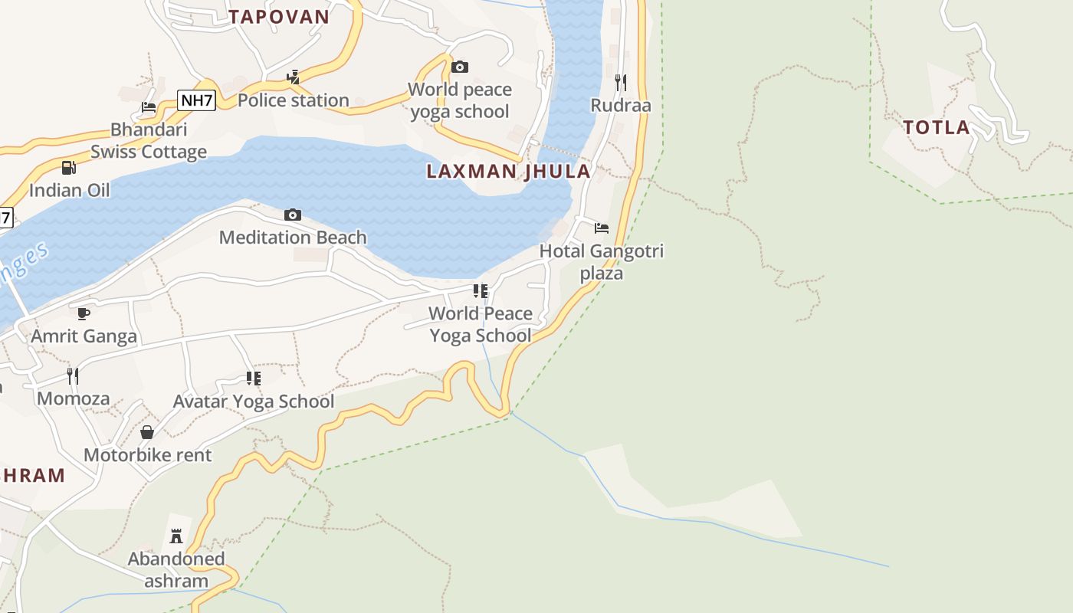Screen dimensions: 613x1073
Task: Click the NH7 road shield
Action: tap(196, 100)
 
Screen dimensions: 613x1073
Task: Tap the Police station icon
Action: tap(293, 77)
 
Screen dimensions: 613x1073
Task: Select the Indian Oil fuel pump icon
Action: tap(69, 167)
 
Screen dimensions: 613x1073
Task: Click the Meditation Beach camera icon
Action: tap(293, 215)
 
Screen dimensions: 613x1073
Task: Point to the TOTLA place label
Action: tap(937, 128)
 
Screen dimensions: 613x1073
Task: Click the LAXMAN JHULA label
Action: tap(508, 171)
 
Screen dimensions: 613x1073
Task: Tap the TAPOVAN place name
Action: tap(279, 17)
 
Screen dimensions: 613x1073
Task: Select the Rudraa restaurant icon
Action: tap(621, 81)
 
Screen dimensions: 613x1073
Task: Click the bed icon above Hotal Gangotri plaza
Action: tap(602, 228)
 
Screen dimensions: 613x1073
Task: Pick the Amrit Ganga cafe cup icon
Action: tap(84, 313)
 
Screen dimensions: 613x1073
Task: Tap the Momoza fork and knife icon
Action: tap(73, 375)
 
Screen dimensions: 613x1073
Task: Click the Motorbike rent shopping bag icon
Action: tap(147, 432)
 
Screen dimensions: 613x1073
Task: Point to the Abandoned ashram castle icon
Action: tap(176, 535)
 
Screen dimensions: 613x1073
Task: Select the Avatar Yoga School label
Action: tap(254, 402)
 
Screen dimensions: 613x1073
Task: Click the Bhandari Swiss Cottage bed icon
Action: tap(149, 107)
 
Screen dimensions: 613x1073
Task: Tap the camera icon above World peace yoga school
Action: tap(460, 67)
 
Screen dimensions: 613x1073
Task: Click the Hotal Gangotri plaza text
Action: tap(602, 262)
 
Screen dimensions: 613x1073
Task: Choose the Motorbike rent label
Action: tap(147, 455)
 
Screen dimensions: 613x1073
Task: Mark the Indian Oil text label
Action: tap(70, 190)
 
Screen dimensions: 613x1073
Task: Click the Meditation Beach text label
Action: tap(293, 238)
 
